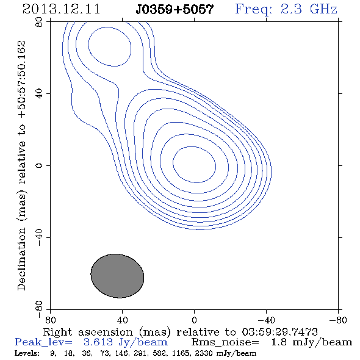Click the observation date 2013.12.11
(61, 9)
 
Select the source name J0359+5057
(175, 10)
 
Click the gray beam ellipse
(117, 276)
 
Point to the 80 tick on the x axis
(50, 320)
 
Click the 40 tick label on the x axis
(122, 320)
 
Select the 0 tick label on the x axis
(194, 320)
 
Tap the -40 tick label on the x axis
(266, 320)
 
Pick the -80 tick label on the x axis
(338, 320)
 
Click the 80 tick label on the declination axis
(39, 22)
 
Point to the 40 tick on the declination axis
(39, 94)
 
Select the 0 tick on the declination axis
(39, 165)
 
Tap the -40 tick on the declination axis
(39, 237)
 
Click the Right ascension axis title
(180, 332)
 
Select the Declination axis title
(21, 165)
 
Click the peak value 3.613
(98, 342)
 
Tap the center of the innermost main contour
(194, 165)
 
